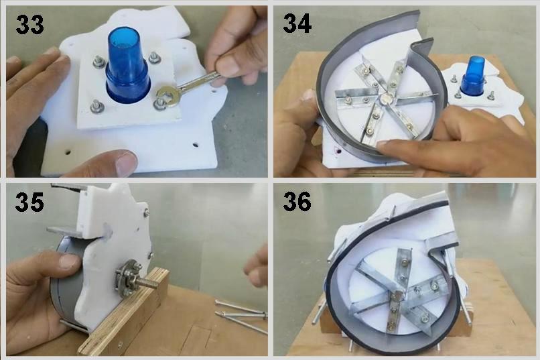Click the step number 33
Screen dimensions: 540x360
(x=29, y=25)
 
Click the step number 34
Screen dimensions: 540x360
(x=297, y=23)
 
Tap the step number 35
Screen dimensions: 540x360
(x=29, y=202)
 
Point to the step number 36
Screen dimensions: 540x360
(x=297, y=202)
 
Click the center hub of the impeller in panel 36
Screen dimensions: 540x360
(x=398, y=296)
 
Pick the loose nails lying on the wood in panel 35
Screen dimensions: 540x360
(x=241, y=314)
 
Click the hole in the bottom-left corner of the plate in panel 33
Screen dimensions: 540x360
(x=68, y=152)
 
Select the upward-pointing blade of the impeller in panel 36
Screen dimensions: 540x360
(x=402, y=267)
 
